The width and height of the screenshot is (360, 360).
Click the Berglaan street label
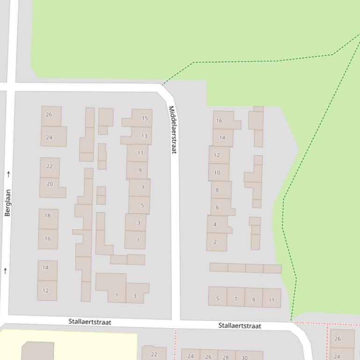click(7, 202)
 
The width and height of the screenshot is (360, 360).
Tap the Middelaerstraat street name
click(172, 130)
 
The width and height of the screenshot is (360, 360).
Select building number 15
click(145, 118)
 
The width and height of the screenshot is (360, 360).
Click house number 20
click(50, 184)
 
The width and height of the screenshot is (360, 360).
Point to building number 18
click(48, 216)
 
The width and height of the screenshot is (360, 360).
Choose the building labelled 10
click(217, 173)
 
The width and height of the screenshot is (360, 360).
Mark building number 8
click(217, 190)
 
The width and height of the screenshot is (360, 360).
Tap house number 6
click(218, 207)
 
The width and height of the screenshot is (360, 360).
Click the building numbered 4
click(215, 224)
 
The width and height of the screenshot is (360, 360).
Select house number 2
click(215, 242)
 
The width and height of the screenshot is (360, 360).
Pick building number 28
click(226, 357)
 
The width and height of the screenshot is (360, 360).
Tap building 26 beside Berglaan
click(49, 115)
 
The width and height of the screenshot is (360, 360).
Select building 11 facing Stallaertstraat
click(272, 300)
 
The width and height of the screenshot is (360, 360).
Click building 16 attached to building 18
click(48, 238)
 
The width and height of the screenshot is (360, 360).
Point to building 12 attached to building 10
click(217, 155)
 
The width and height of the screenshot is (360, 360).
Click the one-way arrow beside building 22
click(8, 174)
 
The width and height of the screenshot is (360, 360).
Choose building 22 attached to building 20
click(50, 166)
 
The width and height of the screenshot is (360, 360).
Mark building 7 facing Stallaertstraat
click(235, 298)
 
